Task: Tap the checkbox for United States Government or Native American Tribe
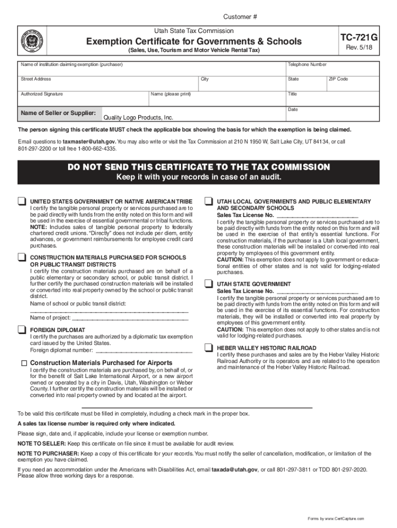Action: [22, 201]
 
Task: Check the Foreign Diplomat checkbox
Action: [22, 329]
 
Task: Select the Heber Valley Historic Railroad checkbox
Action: [209, 348]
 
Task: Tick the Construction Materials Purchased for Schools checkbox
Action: [22, 257]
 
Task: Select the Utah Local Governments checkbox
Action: [209, 201]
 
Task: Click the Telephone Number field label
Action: [307, 64]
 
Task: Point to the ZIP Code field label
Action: [338, 79]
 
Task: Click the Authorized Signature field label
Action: [42, 94]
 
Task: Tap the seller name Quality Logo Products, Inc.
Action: [139, 118]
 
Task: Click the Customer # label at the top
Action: [240, 17]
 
